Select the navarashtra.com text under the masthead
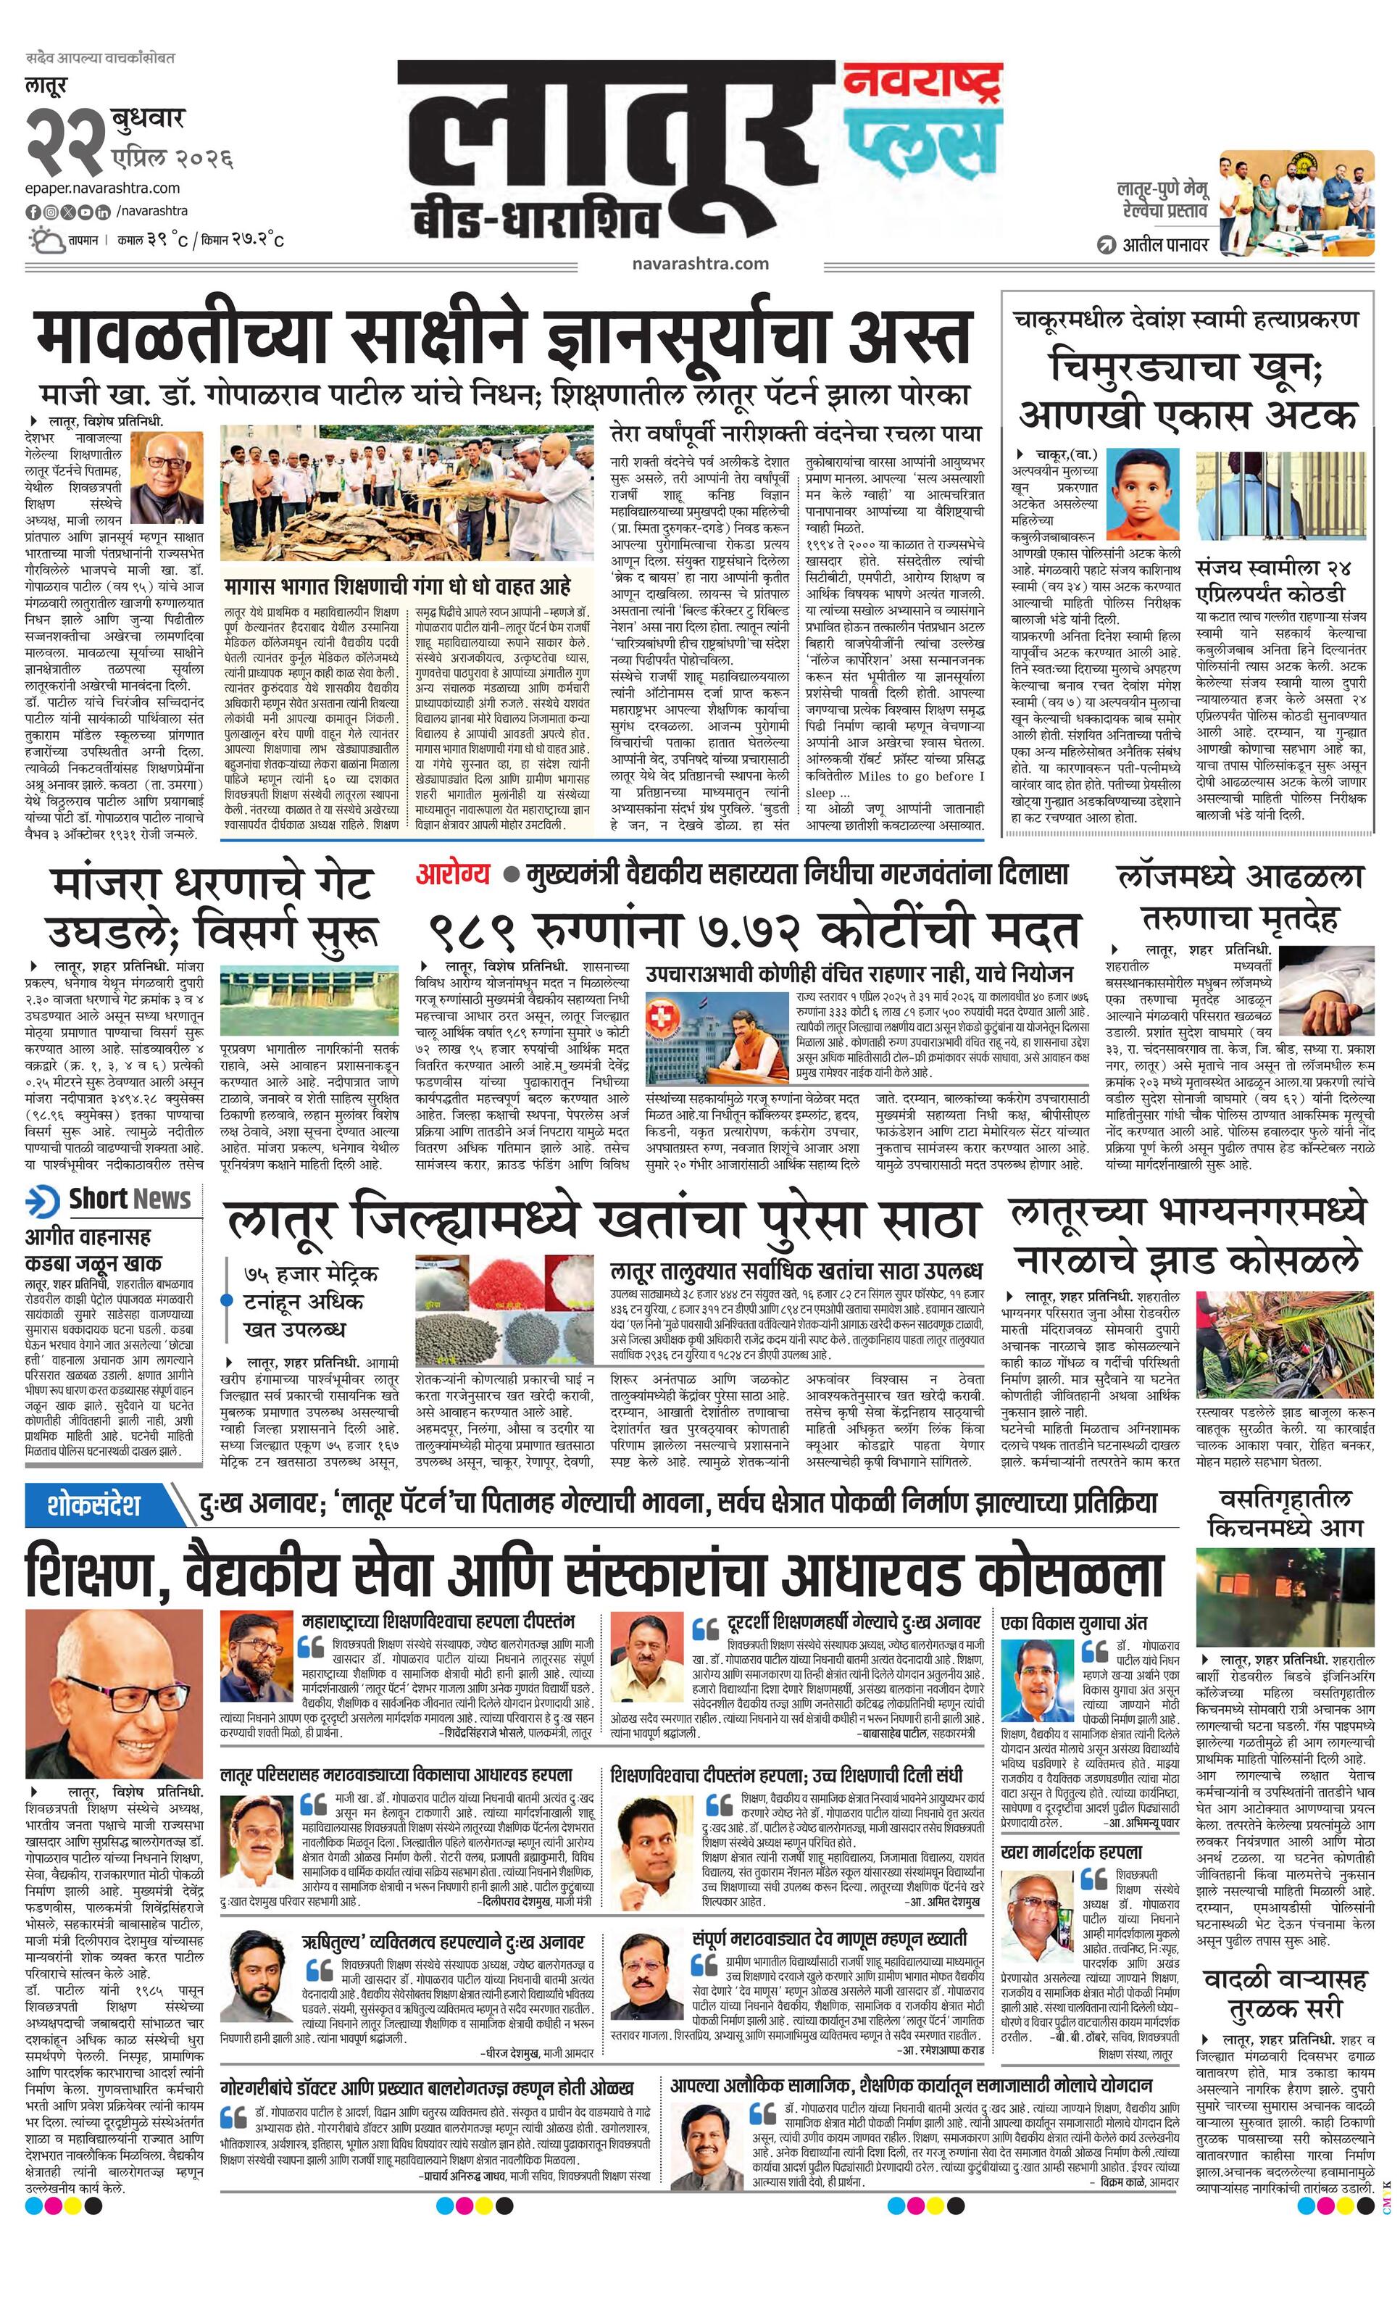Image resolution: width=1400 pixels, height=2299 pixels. tap(699, 263)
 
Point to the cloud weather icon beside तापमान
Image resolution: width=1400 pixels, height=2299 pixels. tap(45, 241)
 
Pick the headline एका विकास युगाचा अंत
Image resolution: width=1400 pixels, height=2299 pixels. tap(1074, 1623)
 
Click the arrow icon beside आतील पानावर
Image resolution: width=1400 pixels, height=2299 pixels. tap(1107, 246)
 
